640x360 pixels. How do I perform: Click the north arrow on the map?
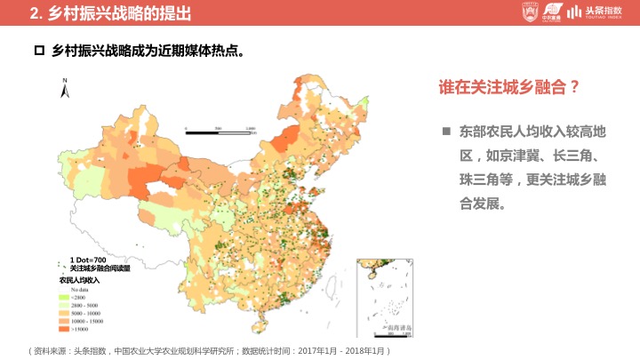click(65, 87)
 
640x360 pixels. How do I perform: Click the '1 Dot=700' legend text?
click(88, 260)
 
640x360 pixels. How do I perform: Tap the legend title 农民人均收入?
click(80, 280)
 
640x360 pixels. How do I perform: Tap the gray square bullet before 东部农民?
click(446, 132)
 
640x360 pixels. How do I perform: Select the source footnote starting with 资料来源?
click(209, 351)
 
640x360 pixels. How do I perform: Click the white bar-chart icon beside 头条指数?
click(575, 12)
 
